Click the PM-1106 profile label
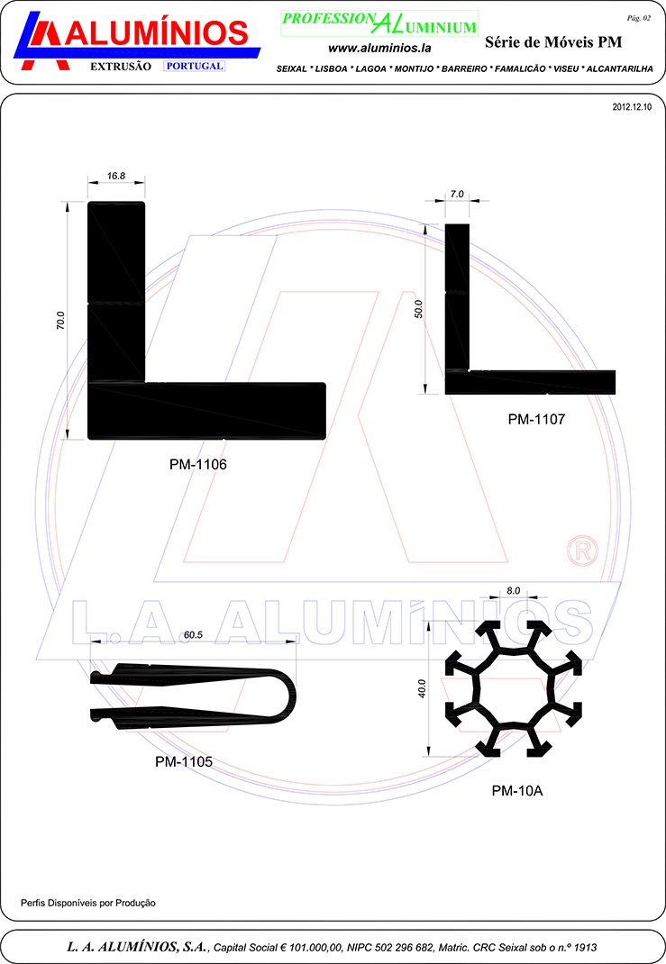pos(198,464)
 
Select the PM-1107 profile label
pos(536,419)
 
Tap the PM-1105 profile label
pos(184,761)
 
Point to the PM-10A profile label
pos(517,791)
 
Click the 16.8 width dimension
pos(116,176)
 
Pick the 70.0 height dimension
pos(60,321)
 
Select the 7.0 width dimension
pos(457,195)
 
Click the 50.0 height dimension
pos(419,309)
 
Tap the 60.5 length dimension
pos(193,635)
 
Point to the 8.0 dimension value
pos(514,591)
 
